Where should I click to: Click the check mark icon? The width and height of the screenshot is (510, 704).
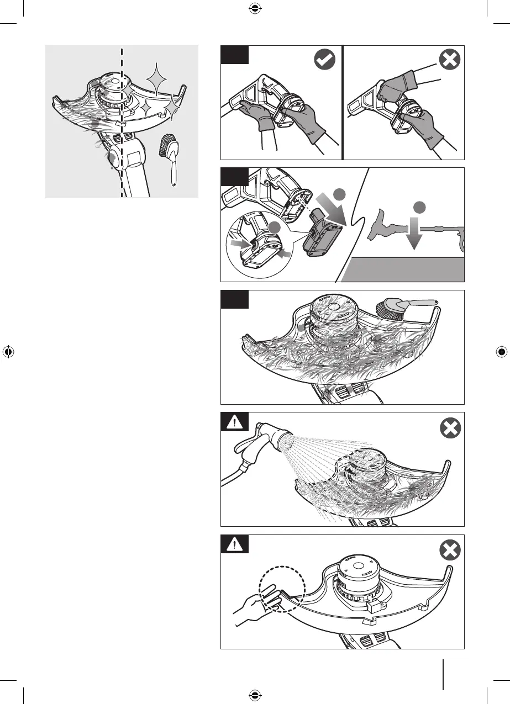tap(324, 61)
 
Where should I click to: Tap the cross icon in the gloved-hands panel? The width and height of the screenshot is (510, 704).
tap(449, 61)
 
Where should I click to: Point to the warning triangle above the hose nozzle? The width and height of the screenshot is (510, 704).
tap(235, 423)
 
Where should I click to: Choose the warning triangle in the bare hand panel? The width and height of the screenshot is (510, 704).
tap(235, 545)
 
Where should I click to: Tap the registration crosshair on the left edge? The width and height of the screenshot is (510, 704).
tap(8, 352)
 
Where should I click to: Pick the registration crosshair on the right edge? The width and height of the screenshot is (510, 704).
tap(502, 352)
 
